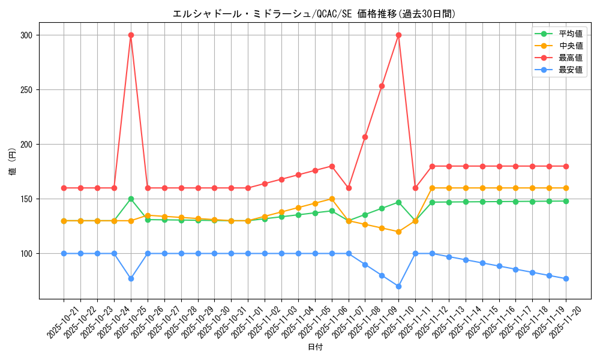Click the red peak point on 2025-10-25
click(x=131, y=35)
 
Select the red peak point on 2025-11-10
click(x=398, y=35)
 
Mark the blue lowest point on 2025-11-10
click(x=398, y=286)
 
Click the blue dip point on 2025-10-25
click(x=131, y=278)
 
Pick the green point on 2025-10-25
click(x=131, y=199)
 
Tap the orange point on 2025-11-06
click(x=332, y=199)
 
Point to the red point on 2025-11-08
click(x=365, y=137)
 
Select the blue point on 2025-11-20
click(x=566, y=278)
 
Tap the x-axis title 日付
click(x=315, y=347)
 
